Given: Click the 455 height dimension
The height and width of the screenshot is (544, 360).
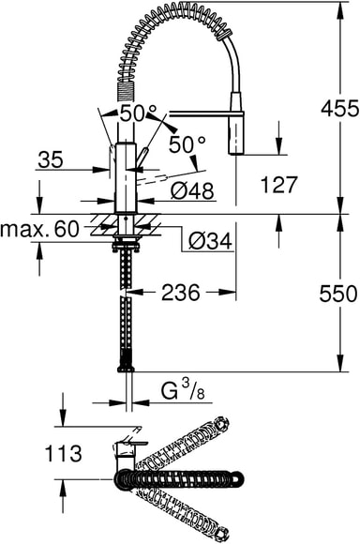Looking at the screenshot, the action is (339, 108).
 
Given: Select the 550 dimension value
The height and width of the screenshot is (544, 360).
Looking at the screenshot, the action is (337, 294).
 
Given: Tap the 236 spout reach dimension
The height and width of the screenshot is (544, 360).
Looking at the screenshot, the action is (181, 293).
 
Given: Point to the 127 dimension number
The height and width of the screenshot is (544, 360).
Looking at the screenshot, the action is (278, 184).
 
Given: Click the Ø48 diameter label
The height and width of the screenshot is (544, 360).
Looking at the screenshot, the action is (192, 190).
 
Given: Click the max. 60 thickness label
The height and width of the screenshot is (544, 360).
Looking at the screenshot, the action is (39, 230).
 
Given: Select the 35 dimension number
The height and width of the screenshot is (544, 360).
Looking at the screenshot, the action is (51, 160).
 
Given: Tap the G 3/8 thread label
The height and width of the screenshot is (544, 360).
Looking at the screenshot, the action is (183, 392).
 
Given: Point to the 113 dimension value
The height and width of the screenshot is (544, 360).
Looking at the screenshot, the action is (64, 453).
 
